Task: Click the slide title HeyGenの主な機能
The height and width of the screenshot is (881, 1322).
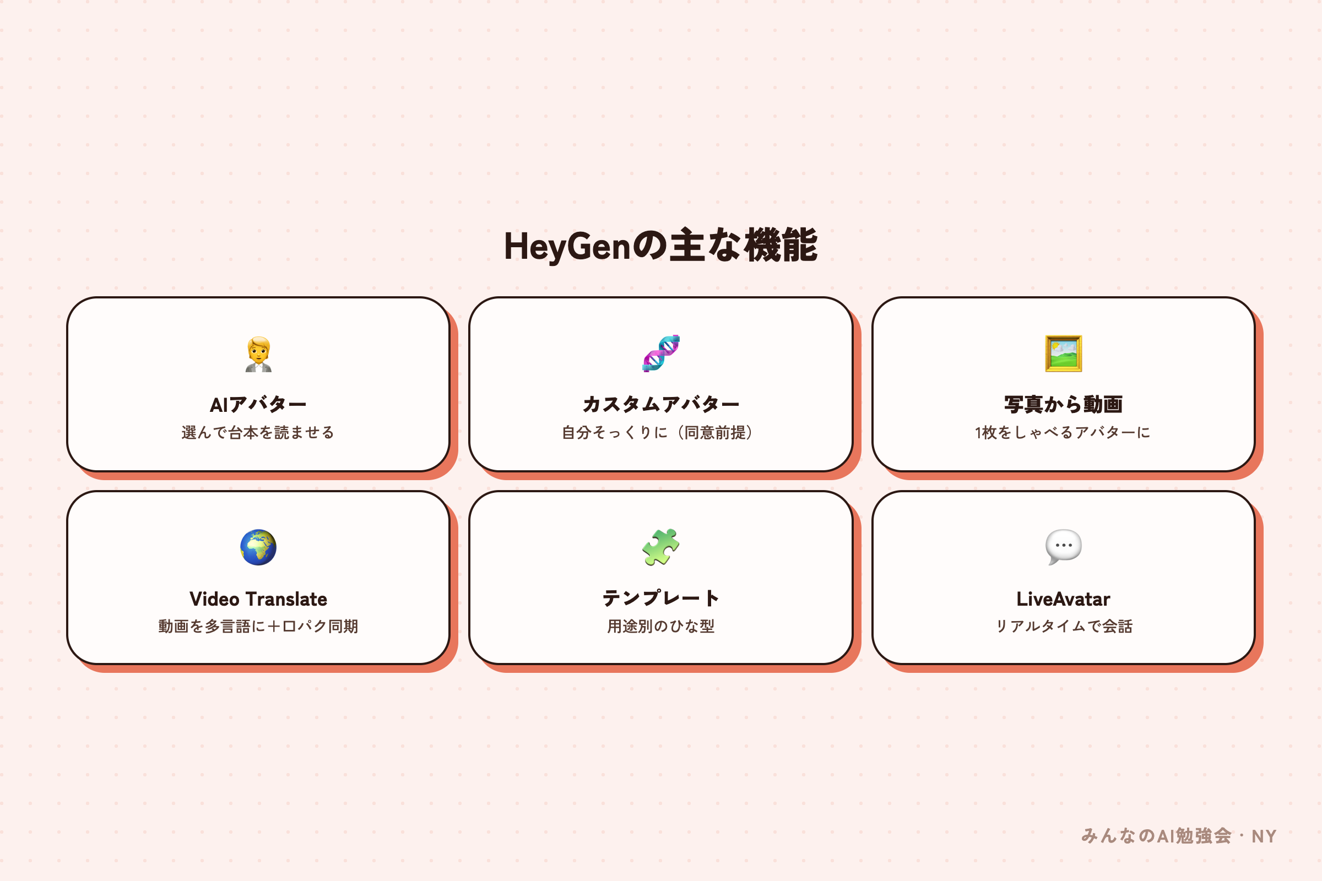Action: click(x=661, y=246)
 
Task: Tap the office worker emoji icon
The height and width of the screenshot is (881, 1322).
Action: click(x=258, y=354)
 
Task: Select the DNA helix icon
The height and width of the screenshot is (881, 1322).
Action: click(x=661, y=354)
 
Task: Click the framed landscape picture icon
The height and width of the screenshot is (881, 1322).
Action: click(x=1064, y=354)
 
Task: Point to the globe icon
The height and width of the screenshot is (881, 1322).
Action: click(x=258, y=547)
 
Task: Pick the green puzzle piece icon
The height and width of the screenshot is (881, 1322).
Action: click(x=661, y=547)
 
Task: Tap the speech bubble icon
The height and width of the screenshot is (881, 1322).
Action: click(x=1064, y=547)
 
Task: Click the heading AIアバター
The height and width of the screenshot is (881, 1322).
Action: click(x=258, y=405)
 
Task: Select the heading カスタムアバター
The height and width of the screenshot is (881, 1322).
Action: click(x=661, y=405)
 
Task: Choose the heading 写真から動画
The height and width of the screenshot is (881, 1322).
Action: click(x=1064, y=405)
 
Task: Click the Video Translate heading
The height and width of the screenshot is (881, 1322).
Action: click(x=258, y=599)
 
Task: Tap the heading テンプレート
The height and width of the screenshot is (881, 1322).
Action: click(x=661, y=599)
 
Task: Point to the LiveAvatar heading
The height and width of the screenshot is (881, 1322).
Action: click(x=1064, y=599)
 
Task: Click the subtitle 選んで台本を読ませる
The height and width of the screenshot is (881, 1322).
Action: click(x=258, y=432)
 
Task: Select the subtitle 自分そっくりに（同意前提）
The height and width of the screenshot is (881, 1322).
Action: click(x=661, y=432)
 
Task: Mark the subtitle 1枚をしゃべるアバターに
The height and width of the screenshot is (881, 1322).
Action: click(x=1063, y=432)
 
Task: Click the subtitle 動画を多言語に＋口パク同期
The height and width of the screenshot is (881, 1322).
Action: click(x=258, y=626)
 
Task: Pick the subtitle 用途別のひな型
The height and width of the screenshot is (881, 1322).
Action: click(x=661, y=626)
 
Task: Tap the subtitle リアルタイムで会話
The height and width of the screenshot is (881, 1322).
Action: click(x=1064, y=626)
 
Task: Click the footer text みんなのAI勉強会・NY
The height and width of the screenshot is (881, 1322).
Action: click(x=1179, y=836)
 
